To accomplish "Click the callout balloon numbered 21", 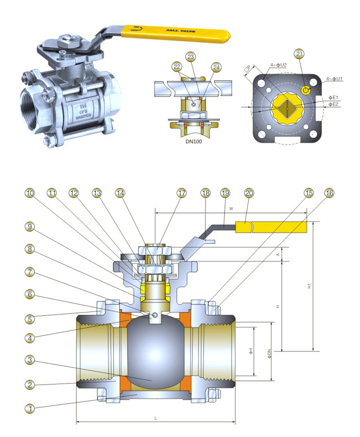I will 300,54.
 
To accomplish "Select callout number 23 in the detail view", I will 191,56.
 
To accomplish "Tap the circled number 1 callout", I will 30,408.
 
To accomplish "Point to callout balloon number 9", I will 30,227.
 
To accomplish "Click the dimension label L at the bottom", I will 155,418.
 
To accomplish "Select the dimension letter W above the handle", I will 231,208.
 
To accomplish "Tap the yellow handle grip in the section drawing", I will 270,227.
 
